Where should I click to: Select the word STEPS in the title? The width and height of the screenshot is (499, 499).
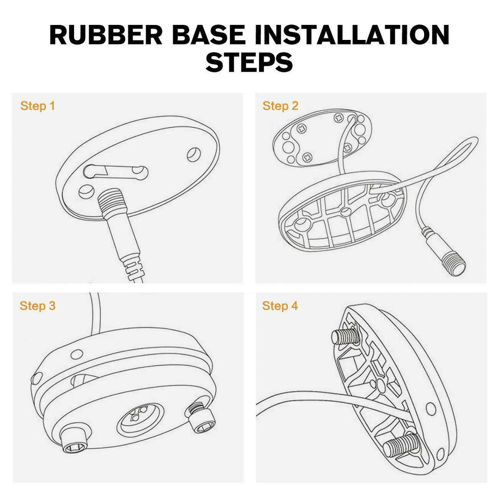click(x=249, y=62)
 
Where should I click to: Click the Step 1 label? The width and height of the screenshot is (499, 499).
click(x=37, y=106)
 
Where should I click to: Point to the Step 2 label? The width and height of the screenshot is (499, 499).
click(x=280, y=106)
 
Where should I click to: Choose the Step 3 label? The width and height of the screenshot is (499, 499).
click(x=37, y=306)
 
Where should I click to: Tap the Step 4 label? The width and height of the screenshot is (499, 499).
click(x=280, y=306)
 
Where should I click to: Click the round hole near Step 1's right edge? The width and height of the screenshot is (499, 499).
click(x=194, y=155)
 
